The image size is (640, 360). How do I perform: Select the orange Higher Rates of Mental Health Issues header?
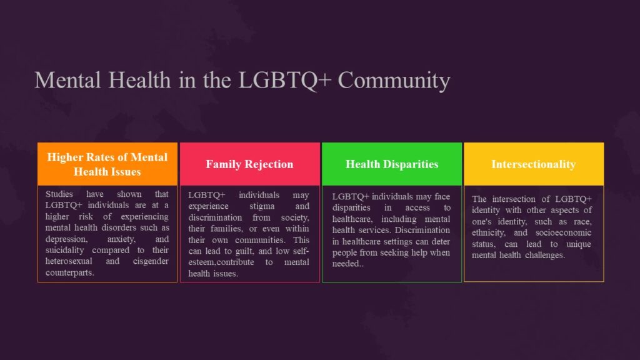click(107, 164)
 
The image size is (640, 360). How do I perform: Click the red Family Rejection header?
click(249, 164)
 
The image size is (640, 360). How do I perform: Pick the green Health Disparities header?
click(392, 164)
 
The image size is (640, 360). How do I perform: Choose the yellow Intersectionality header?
click(533, 164)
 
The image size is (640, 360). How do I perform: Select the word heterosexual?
click(71, 261)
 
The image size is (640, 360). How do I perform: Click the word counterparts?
click(70, 272)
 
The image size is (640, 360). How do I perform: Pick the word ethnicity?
click(491, 232)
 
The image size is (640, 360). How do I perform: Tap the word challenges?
click(542, 255)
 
